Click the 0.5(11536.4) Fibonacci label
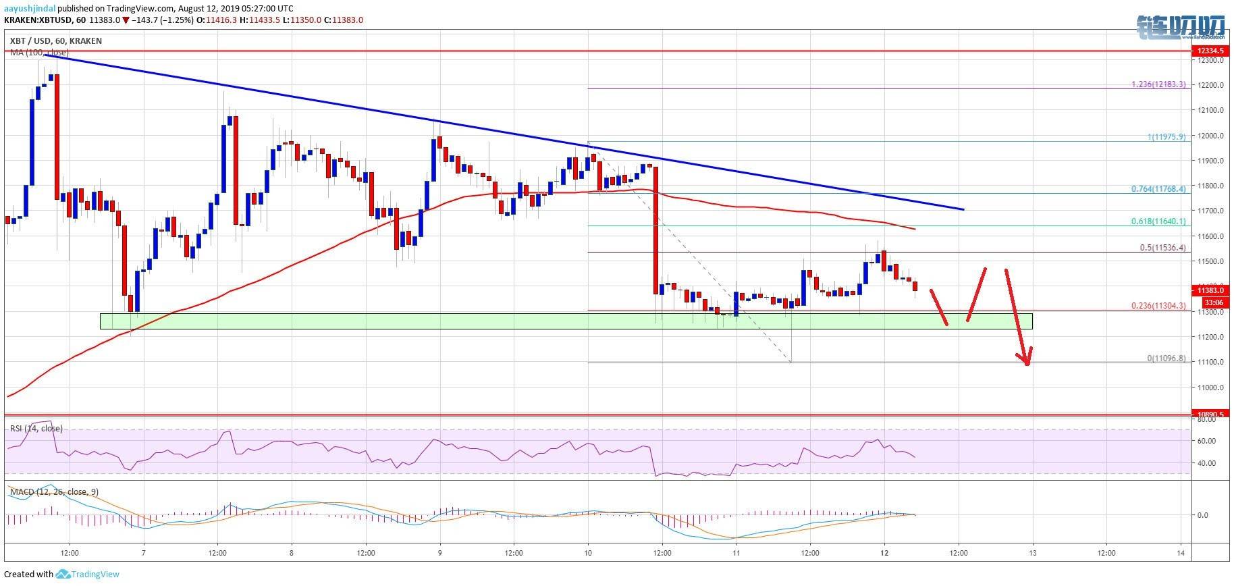(x=1158, y=248)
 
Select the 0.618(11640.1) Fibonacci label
(x=1157, y=221)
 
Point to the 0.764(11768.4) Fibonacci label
(x=1157, y=190)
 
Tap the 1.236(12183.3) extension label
(x=1157, y=85)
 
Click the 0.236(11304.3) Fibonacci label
(x=1157, y=306)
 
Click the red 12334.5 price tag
(x=1211, y=51)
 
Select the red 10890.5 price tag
(x=1211, y=414)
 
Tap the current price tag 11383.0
(x=1211, y=290)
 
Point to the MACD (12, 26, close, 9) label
(x=54, y=492)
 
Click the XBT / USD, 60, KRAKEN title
(x=55, y=41)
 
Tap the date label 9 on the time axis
(x=439, y=552)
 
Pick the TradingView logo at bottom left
(x=88, y=575)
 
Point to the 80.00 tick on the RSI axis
(x=1205, y=419)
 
